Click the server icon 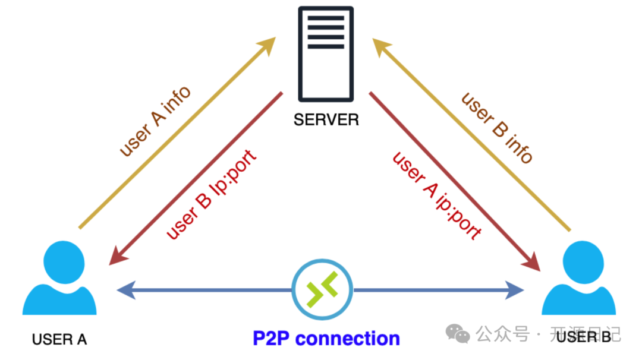click(x=326, y=53)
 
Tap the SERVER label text click(x=326, y=119)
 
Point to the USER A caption click(x=59, y=340)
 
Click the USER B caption click(x=584, y=337)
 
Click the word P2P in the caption click(x=271, y=338)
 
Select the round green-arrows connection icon click(x=322, y=290)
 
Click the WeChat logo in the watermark click(x=458, y=334)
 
